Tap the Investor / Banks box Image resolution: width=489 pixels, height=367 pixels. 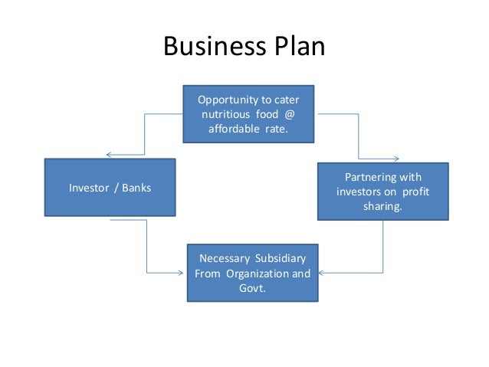(110, 188)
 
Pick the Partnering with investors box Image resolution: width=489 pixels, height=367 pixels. (382, 191)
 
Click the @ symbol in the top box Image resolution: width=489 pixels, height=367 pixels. (289, 114)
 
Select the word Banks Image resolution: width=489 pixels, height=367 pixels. (136, 188)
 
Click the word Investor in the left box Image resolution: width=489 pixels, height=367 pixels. (90, 188)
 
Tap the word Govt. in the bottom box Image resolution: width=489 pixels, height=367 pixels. (253, 288)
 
